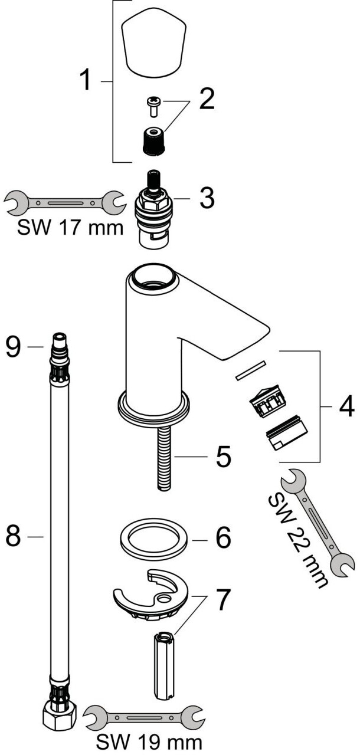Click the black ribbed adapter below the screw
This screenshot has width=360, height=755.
(153, 142)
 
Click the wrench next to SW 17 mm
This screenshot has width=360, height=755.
(64, 202)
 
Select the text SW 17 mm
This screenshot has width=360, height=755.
(70, 227)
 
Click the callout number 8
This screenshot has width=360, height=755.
(15, 536)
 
